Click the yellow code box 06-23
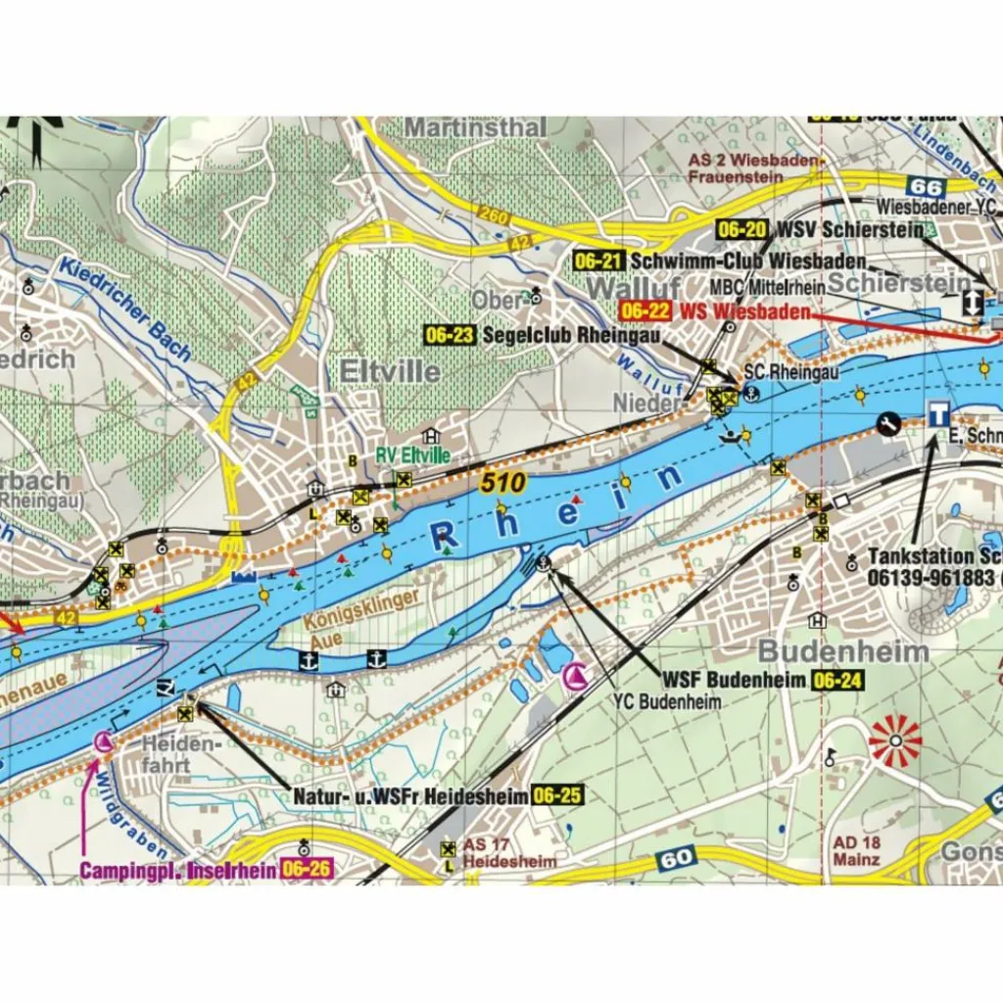pos(450,335)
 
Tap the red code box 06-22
pos(645,311)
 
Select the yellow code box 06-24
pos(836,679)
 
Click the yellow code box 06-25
pos(557,796)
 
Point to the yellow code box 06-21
pos(599,262)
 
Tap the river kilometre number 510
pos(503,481)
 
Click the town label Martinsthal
pos(475,128)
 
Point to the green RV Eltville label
pos(413,455)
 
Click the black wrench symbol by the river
pos(889,423)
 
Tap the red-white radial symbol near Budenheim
pos(895,740)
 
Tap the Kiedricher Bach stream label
pos(124,309)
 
